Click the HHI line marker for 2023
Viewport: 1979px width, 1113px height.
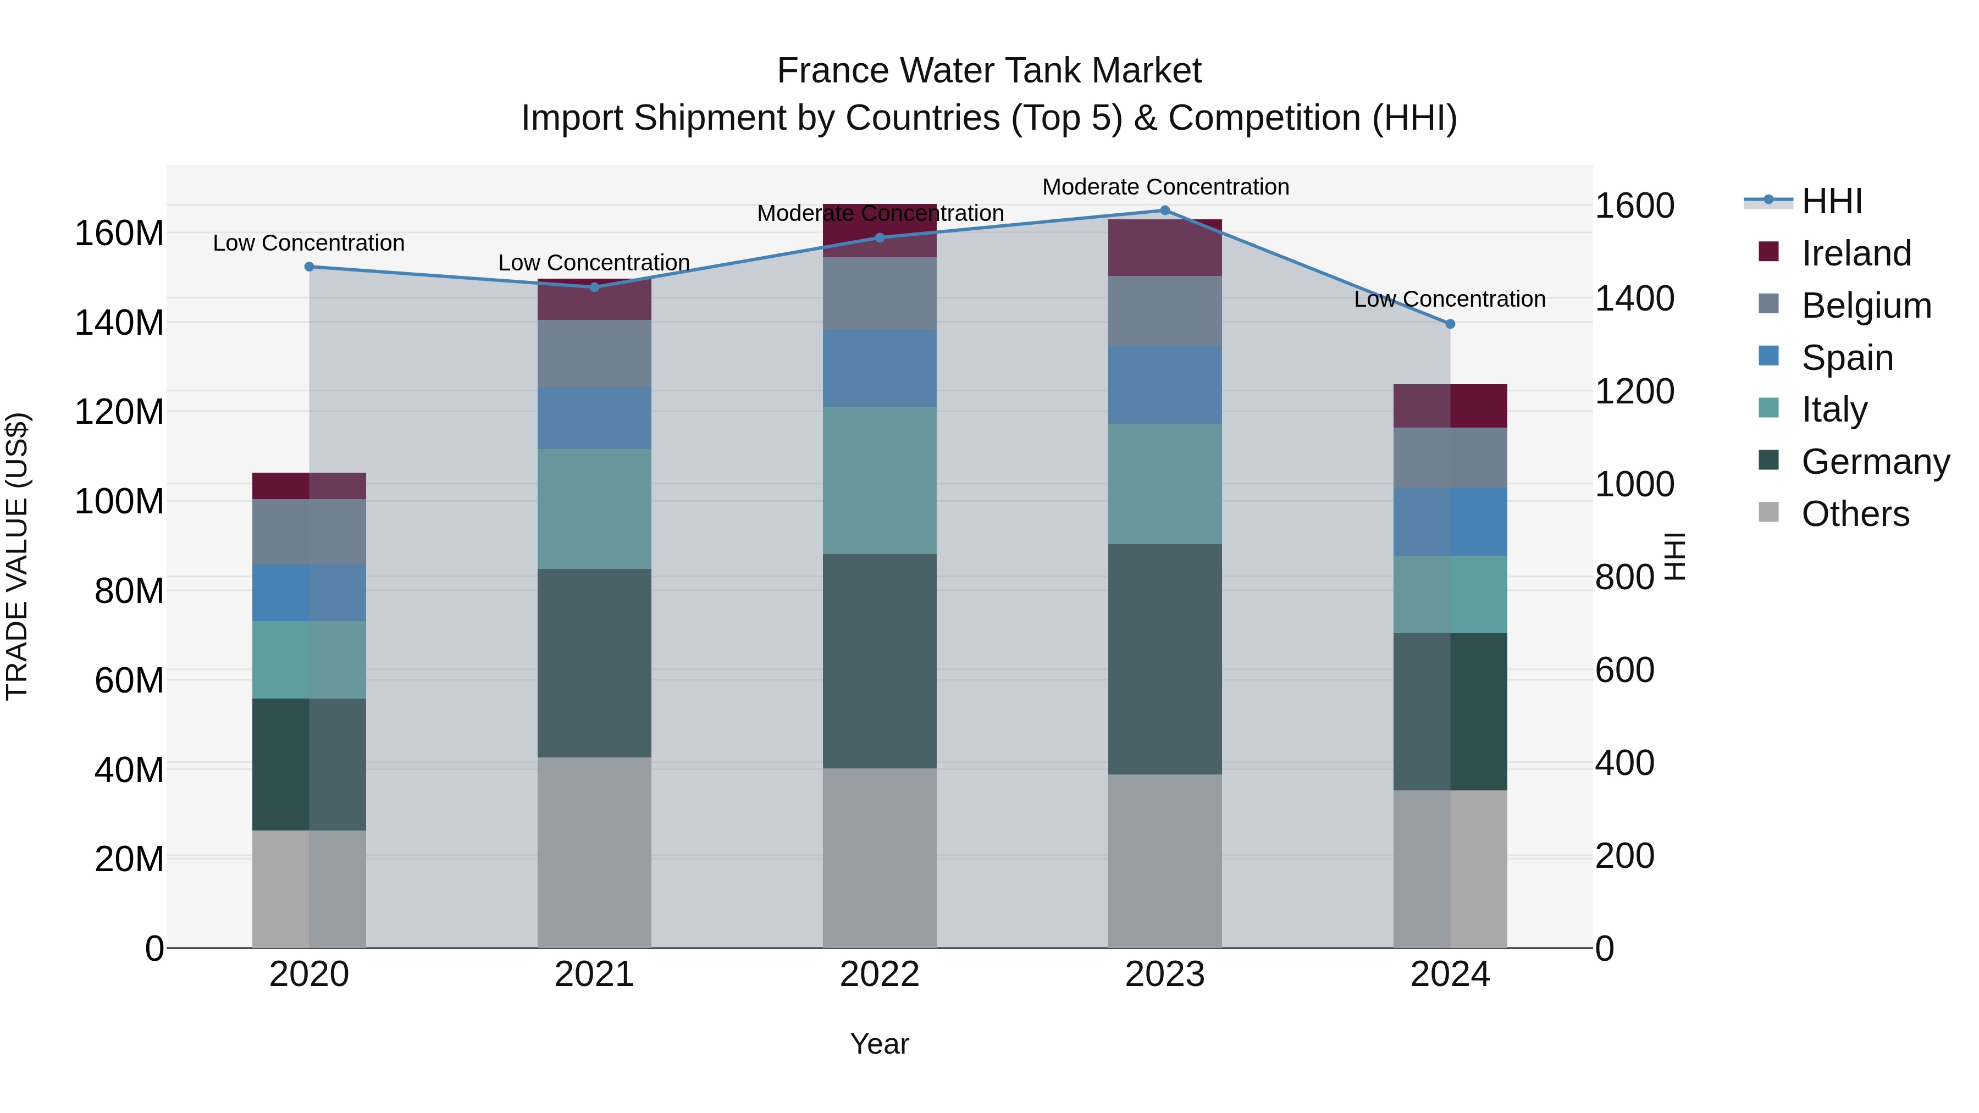pos(1165,211)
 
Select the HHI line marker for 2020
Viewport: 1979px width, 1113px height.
pos(309,267)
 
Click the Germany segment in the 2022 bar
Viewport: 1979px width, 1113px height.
pos(880,661)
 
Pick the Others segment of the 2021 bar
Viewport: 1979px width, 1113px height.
pos(594,852)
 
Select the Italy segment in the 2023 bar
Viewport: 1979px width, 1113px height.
pos(1165,484)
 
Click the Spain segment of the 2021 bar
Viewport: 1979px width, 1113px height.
pos(594,418)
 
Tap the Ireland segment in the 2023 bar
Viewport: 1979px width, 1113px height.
pos(1165,247)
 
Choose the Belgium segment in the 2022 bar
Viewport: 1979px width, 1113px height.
pos(880,294)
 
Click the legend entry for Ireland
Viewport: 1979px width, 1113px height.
pos(1855,253)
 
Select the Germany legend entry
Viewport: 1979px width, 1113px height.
pos(1875,462)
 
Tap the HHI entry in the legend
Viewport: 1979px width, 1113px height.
pos(1832,201)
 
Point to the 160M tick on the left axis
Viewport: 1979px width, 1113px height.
pos(119,232)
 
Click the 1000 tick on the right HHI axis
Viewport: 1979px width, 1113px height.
pos(1634,485)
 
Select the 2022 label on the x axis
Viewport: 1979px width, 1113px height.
pos(880,974)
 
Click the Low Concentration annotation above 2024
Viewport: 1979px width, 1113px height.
pos(1450,299)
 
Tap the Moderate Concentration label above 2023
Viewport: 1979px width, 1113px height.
pos(1165,187)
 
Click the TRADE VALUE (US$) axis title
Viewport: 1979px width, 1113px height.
pos(17,556)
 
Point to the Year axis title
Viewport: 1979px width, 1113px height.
pos(880,1044)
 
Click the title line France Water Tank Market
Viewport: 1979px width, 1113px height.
pos(989,71)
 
